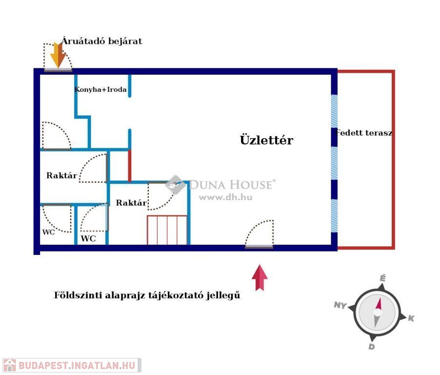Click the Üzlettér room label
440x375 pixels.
click(x=266, y=140)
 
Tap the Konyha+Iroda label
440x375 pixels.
click(x=100, y=89)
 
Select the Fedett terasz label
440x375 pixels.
click(x=364, y=133)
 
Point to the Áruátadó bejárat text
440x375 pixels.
click(x=102, y=41)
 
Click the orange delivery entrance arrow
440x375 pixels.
click(x=58, y=55)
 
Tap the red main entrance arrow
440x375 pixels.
click(x=260, y=277)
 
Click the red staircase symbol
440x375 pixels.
click(x=167, y=230)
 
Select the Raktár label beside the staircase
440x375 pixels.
click(x=131, y=203)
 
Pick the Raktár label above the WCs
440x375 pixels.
click(x=62, y=175)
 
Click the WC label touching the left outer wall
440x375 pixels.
click(x=48, y=232)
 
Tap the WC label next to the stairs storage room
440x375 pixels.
click(x=88, y=238)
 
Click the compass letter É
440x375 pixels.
click(x=383, y=278)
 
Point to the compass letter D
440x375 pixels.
click(x=372, y=346)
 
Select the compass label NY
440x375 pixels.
click(x=340, y=305)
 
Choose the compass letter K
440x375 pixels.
click(x=411, y=318)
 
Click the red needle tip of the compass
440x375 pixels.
click(x=380, y=298)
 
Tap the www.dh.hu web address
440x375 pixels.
click(x=226, y=197)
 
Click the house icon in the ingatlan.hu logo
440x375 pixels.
click(x=10, y=365)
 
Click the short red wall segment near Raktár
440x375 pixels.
click(x=129, y=166)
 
